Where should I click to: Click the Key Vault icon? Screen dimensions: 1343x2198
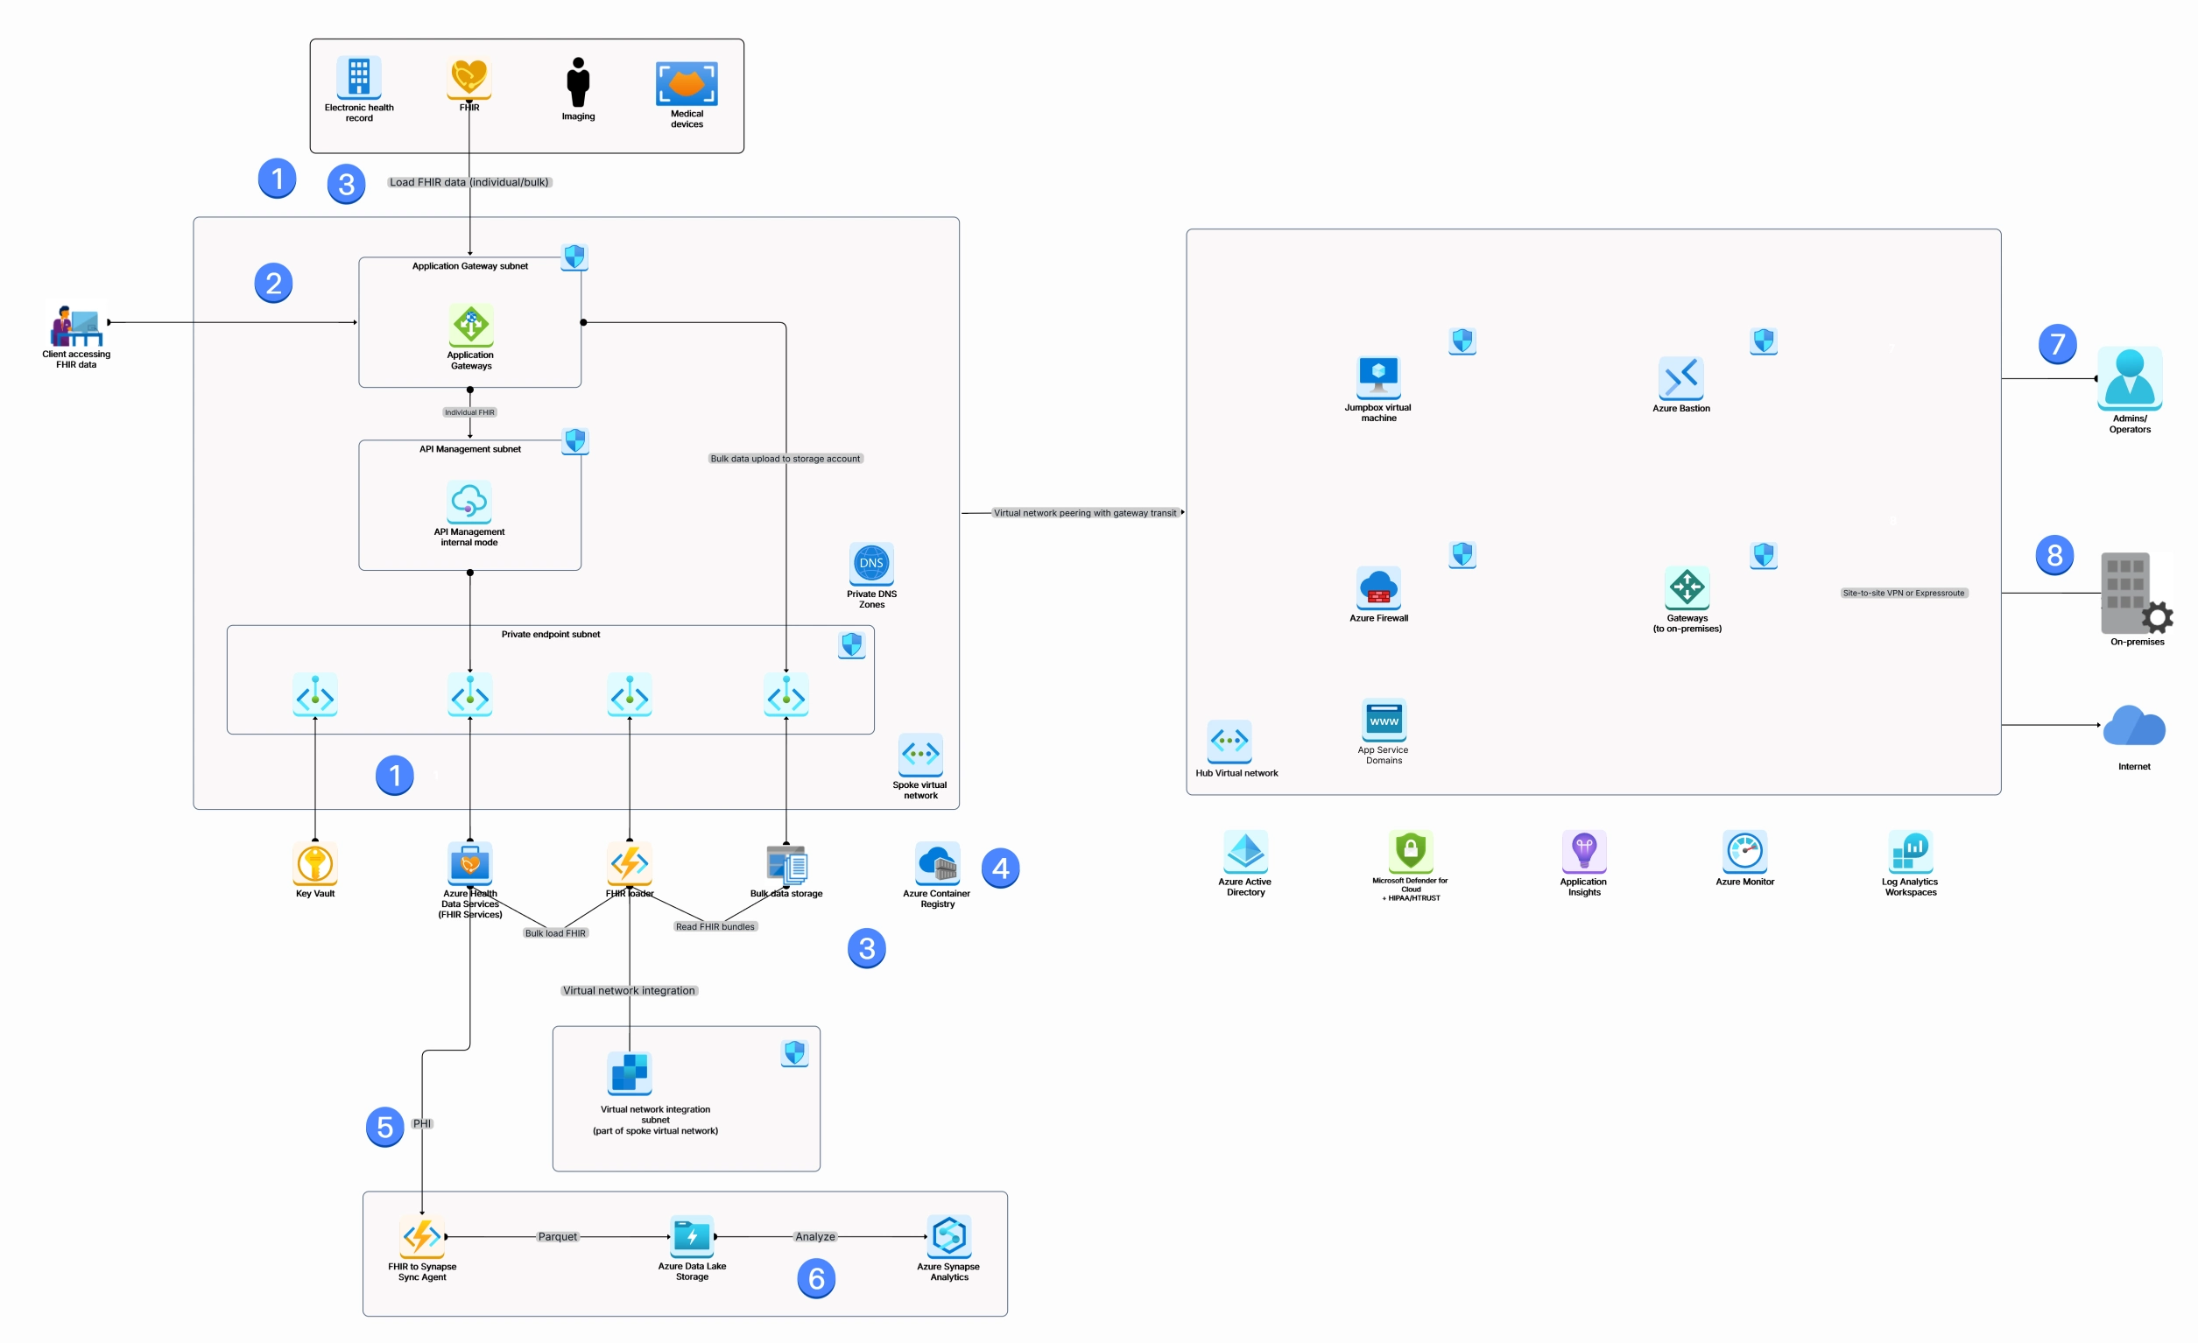315,862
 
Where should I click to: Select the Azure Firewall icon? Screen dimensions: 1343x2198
1378,587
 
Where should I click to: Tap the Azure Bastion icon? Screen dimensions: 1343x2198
1680,378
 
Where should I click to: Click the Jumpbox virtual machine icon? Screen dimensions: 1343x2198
1378,377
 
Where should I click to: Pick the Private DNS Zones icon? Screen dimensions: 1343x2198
870,563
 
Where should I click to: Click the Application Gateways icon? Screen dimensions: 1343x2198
470,326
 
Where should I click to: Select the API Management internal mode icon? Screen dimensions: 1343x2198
469,502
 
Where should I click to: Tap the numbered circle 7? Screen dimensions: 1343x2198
2057,343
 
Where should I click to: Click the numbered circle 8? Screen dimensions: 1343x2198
2054,555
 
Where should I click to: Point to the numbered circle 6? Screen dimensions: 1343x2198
815,1278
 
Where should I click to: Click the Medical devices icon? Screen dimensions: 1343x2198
686,84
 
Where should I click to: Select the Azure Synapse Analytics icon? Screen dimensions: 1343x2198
948,1236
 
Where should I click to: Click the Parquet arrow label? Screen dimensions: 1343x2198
558,1236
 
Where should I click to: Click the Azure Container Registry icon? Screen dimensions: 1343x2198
937,863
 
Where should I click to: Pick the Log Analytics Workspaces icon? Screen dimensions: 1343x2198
1910,852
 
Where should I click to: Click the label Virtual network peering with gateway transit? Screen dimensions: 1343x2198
1084,513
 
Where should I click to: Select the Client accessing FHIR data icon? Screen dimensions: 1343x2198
76,327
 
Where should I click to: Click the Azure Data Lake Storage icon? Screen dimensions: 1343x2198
691,1236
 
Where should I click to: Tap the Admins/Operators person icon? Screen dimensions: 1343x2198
2130,378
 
